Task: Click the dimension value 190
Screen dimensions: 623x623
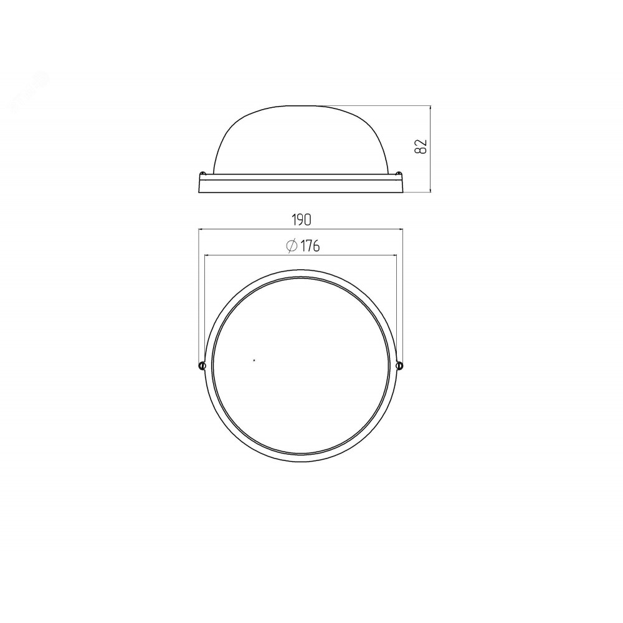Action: click(302, 220)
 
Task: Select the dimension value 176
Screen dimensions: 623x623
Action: click(310, 246)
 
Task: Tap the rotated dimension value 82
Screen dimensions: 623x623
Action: click(421, 146)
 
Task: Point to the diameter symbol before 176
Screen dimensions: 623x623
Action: click(292, 246)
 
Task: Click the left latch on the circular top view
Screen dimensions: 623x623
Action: click(202, 365)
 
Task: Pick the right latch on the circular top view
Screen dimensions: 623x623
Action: click(399, 365)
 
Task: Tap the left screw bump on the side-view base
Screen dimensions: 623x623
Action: click(202, 173)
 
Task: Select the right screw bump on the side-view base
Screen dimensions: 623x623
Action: click(399, 173)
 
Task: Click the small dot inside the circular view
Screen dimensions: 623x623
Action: click(254, 360)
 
